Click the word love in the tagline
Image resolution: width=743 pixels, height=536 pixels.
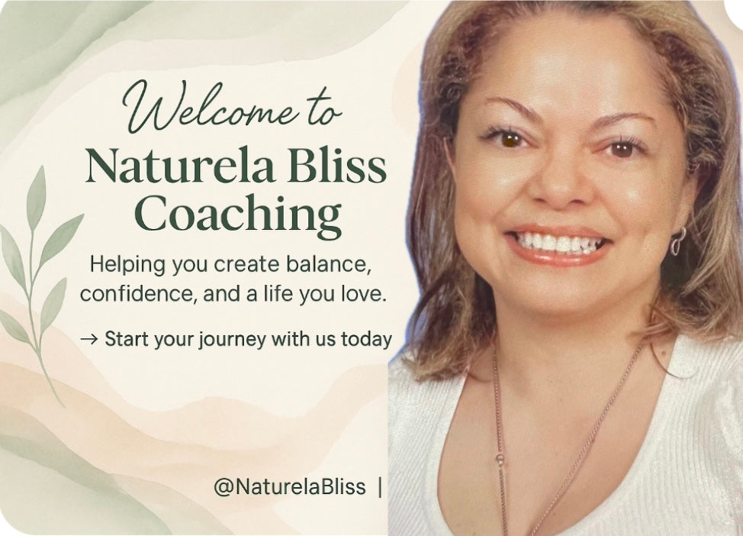click(362, 294)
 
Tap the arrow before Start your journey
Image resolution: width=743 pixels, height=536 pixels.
click(89, 339)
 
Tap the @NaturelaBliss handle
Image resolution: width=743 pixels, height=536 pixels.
click(290, 486)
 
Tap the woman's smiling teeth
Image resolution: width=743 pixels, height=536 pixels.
click(559, 242)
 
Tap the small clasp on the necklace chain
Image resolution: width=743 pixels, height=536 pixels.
click(500, 459)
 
